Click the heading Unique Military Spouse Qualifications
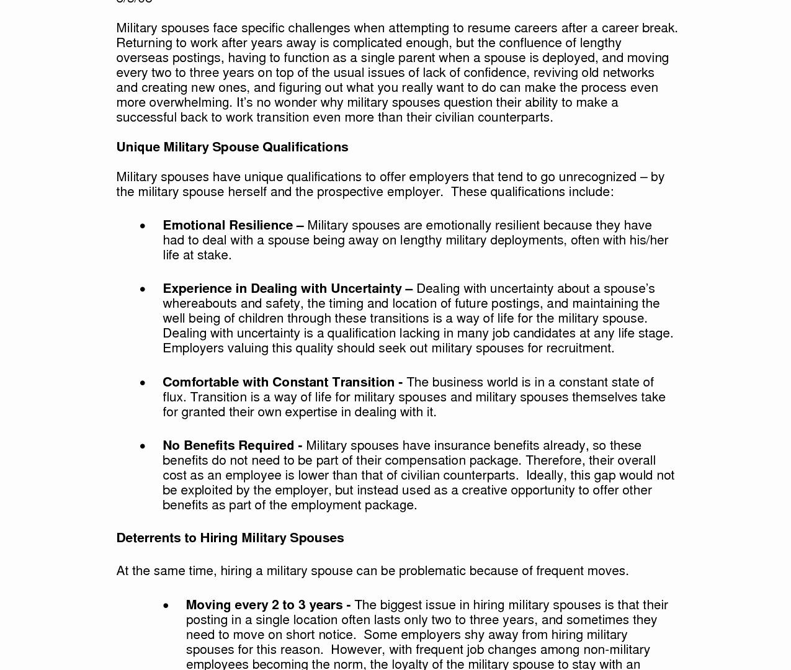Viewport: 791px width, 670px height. [232, 147]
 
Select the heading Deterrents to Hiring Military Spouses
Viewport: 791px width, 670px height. [230, 538]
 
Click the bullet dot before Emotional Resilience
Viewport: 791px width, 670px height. [143, 226]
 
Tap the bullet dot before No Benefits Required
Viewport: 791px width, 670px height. [143, 446]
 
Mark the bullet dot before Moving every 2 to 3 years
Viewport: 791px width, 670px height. [166, 605]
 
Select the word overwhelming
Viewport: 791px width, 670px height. [189, 102]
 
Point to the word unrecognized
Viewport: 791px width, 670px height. [597, 177]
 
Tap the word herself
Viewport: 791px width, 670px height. [247, 192]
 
